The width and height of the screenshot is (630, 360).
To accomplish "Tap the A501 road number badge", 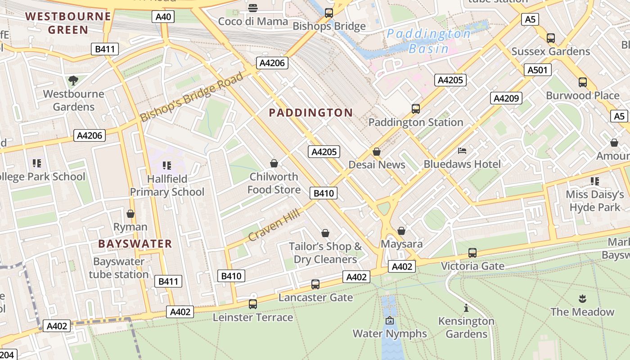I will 537,70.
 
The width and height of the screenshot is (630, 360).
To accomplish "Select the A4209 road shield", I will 506,98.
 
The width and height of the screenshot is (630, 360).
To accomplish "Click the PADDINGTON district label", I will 310,113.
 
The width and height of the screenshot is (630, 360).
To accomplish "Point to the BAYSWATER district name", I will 135,244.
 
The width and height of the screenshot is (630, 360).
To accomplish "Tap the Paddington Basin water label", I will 428,41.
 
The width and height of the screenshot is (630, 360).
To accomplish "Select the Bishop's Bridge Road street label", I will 192,97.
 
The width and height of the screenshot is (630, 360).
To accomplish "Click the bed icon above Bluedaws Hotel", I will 462,150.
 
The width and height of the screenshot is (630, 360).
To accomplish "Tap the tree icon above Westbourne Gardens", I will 73,81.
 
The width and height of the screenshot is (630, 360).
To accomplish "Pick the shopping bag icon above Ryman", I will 130,213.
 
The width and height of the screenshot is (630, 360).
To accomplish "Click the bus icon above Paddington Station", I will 415,108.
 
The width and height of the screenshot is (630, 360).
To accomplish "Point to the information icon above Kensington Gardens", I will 466,308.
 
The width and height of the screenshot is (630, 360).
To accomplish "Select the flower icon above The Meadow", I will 582,298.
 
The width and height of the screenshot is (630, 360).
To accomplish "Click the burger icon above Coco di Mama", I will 253,8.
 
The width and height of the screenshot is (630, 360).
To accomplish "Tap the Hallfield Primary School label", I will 167,185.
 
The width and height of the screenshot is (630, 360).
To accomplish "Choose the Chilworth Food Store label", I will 274,183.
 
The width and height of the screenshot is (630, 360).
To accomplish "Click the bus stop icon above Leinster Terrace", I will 253,304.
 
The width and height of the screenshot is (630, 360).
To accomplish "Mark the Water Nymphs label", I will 389,333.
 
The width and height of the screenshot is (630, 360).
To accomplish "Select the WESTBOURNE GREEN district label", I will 68,23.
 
